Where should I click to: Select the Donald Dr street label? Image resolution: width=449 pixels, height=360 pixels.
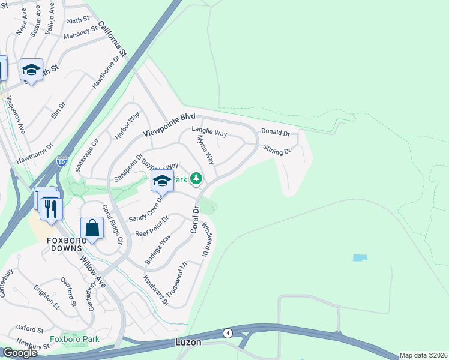point(275,133)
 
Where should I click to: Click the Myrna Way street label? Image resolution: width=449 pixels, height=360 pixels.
point(205,149)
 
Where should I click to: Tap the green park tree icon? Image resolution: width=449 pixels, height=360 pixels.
point(196,178)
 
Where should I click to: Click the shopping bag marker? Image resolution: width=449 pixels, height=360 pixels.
point(92,229)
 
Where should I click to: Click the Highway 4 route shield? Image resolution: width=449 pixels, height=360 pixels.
point(228,333)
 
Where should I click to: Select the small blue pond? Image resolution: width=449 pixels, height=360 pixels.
point(360,257)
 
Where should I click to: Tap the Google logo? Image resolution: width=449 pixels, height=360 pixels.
point(20,353)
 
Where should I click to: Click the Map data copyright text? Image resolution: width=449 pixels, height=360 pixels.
point(423,355)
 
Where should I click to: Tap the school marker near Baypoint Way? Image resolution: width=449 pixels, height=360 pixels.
point(162,181)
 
